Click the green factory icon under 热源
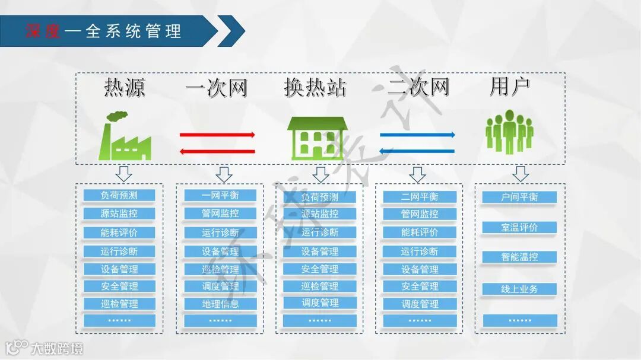point(125,136)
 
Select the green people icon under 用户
point(509,132)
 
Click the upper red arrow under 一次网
point(217,135)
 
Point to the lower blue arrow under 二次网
point(417,151)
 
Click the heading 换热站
point(315,88)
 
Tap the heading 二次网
point(418,88)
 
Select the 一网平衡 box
point(220,196)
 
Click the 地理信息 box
point(220,304)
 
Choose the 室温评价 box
point(519,227)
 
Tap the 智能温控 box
point(519,257)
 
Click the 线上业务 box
point(519,289)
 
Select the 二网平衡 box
point(420,197)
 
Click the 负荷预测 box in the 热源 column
point(119,195)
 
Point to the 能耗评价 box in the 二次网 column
point(420,232)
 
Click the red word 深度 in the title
point(43,31)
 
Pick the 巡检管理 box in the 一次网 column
point(220,269)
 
